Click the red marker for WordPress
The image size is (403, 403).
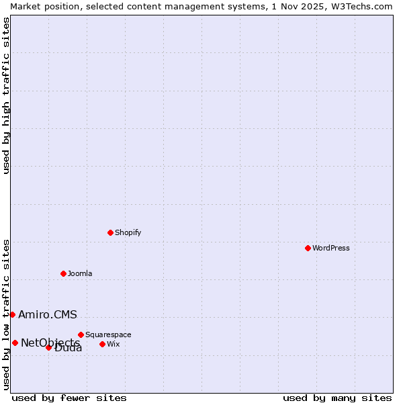[x=308, y=248]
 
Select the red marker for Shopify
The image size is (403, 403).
[x=110, y=232]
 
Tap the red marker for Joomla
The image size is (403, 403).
[x=63, y=273]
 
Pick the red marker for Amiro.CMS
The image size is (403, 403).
[x=12, y=314]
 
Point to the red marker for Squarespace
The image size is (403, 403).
[x=81, y=334]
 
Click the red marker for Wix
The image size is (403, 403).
[x=102, y=344]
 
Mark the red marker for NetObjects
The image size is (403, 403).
[x=15, y=343]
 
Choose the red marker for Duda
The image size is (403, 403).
[x=48, y=347]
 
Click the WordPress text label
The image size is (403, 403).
[x=331, y=248]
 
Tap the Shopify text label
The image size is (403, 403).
[x=128, y=232]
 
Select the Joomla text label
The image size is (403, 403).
[x=80, y=273]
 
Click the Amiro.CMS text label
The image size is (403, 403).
[x=48, y=314]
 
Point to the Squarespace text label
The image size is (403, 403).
[x=108, y=334]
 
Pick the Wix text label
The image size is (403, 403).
[x=114, y=344]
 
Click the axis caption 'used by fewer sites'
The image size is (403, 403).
[x=69, y=398]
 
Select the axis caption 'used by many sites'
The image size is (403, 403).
[x=337, y=398]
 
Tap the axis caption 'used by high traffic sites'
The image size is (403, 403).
[x=6, y=95]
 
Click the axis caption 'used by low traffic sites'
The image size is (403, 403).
[x=6, y=314]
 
